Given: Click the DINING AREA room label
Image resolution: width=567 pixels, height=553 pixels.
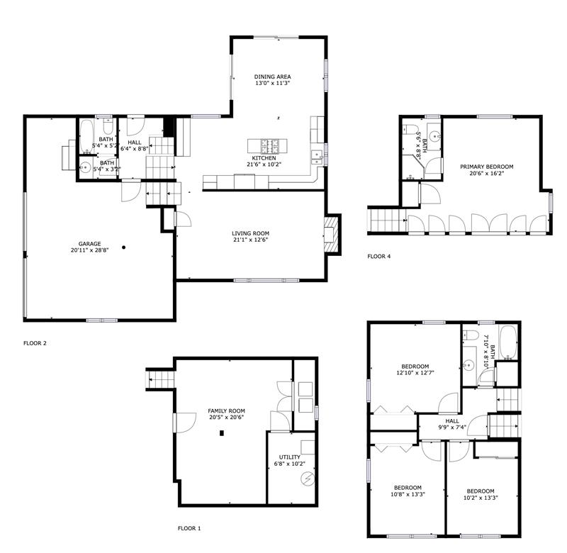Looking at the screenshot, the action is pos(272,77).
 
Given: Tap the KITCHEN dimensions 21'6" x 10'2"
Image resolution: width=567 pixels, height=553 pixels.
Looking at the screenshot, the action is pos(264,164).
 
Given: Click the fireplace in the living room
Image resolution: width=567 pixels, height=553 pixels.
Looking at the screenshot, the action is pos(332,235).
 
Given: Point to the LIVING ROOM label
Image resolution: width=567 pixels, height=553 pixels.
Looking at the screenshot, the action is pos(251,233).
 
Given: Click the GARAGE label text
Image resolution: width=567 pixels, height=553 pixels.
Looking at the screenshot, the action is pos(90,244).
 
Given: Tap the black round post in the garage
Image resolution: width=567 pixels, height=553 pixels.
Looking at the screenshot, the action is pos(123,247).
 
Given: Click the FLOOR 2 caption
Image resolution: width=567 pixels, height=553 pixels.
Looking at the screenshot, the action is pos(35,343).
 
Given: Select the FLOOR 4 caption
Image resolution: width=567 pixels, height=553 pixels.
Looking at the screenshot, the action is pos(379,257).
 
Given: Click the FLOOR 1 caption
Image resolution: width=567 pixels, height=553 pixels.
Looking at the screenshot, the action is pos(189,528).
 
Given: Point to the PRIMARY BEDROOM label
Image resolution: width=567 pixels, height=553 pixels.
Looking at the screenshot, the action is pos(487,167).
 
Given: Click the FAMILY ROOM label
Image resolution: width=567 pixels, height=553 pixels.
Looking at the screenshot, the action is pos(226,411).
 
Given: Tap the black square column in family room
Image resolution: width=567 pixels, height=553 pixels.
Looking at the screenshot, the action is pos(222,433).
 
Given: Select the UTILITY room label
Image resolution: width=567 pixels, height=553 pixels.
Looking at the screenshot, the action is pos(290,457).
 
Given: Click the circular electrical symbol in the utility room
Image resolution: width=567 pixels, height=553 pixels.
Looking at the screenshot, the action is pos(308,479).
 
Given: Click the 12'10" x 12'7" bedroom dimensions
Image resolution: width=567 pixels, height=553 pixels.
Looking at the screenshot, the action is pos(415,372).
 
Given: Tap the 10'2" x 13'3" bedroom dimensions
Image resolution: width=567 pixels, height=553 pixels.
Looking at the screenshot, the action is pos(481,497).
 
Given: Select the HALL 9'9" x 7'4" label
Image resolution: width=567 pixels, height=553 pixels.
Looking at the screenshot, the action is pos(452,424).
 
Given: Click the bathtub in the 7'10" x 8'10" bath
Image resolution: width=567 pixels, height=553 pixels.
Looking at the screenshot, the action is pos(508,342).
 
